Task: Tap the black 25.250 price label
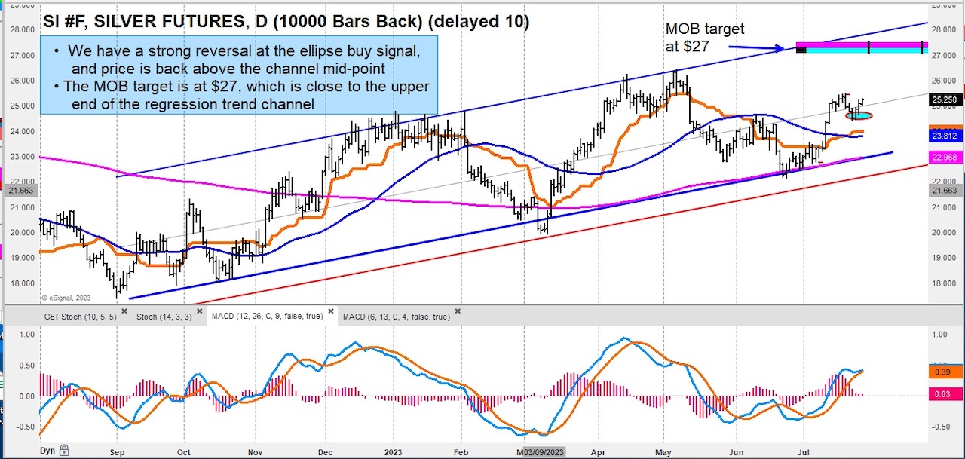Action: (944, 99)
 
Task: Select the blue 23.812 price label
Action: (944, 136)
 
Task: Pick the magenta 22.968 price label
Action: (944, 157)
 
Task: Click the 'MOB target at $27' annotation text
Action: (704, 37)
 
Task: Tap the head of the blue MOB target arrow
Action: (784, 49)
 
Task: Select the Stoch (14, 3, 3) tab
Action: (164, 317)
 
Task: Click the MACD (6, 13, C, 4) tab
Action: (396, 317)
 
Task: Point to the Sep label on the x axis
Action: (118, 452)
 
